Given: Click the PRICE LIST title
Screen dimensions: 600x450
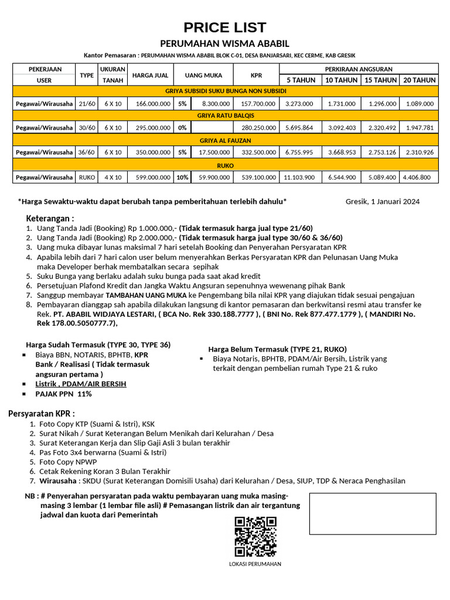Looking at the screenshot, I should (x=225, y=28).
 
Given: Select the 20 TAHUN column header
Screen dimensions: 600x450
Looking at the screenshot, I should (x=420, y=80).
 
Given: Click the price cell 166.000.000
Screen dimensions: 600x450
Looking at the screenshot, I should (x=152, y=104).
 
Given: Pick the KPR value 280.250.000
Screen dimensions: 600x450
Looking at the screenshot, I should (x=256, y=128).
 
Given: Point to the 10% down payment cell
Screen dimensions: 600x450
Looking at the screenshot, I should (x=182, y=177).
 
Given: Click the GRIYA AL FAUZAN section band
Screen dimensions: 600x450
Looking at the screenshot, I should (x=226, y=140).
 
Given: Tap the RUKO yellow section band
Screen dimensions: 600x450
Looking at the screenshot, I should (x=226, y=165).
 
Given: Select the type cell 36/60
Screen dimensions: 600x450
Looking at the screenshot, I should (x=86, y=152).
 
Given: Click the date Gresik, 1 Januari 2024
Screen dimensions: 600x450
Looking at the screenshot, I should (x=383, y=202).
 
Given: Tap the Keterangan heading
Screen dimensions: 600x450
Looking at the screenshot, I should (x=50, y=218).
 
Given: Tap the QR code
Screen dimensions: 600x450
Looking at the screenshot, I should (x=255, y=536).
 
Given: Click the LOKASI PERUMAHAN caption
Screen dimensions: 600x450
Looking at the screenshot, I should (x=255, y=564).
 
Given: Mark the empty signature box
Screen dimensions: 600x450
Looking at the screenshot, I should (x=373, y=514).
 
